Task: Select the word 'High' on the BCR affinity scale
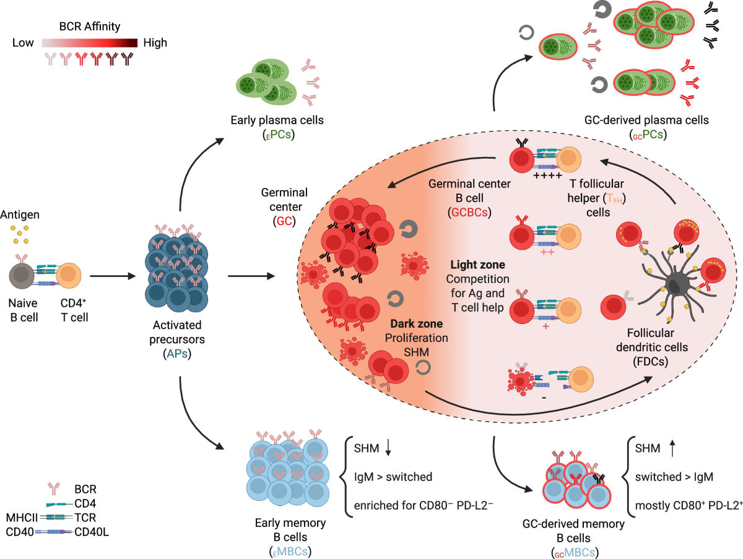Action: pos(155,43)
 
